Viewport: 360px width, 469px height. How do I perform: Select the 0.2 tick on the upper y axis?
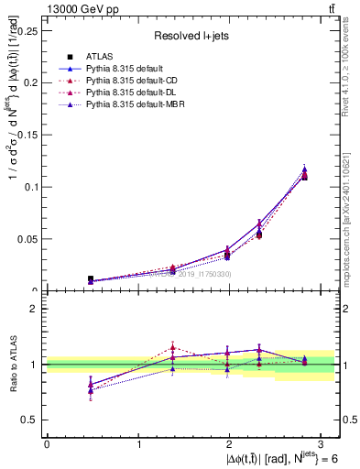coord(32,82)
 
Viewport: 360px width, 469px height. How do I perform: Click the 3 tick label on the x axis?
coord(322,443)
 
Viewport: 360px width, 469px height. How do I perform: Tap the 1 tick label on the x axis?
coord(138,443)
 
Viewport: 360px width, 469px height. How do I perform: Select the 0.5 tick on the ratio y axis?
coord(30,420)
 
